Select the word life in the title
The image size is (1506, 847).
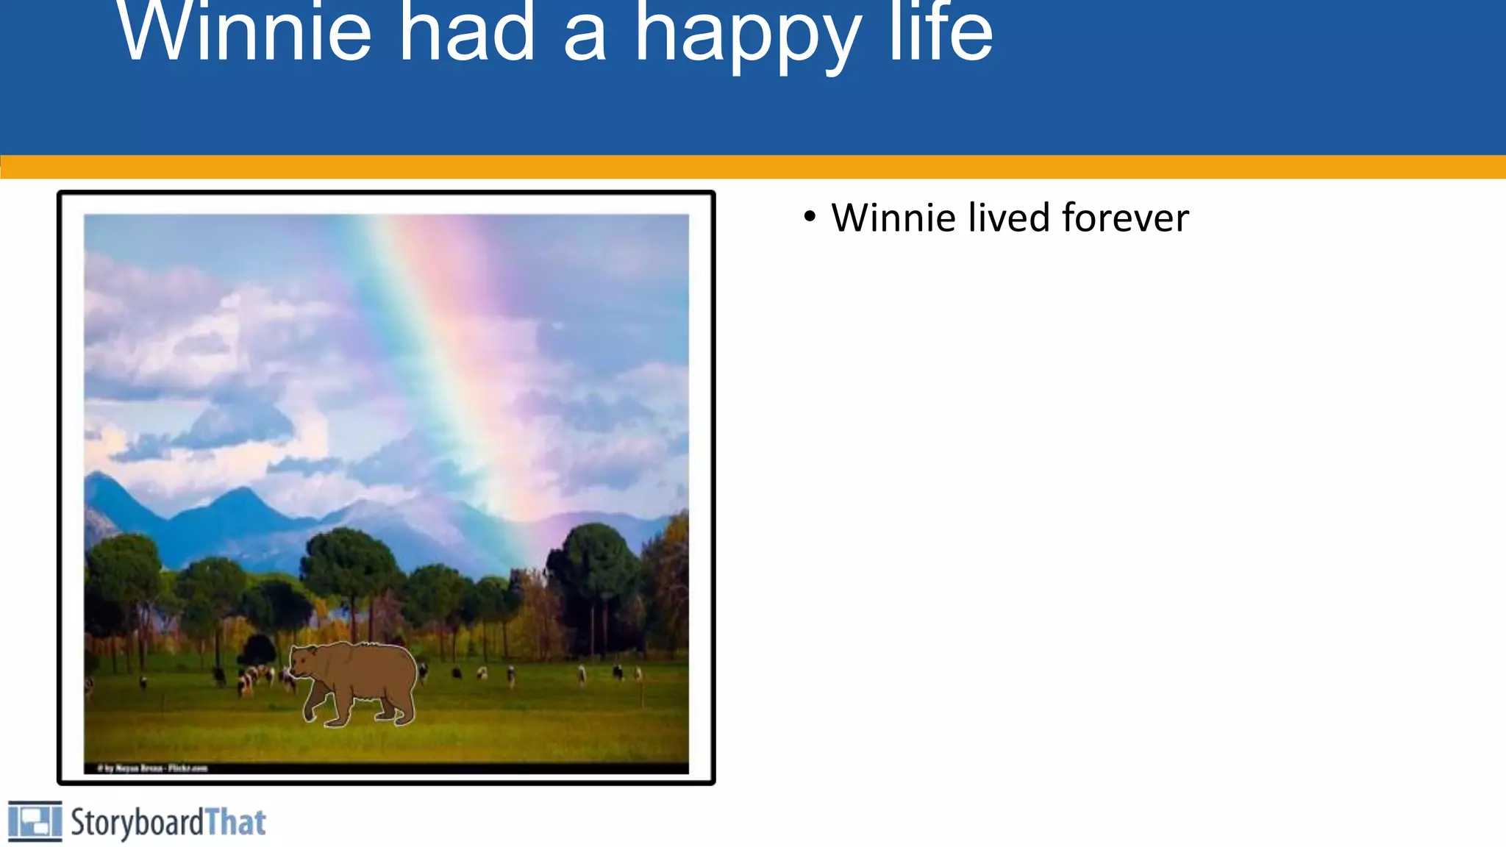(x=941, y=33)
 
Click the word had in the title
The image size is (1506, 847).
(x=467, y=33)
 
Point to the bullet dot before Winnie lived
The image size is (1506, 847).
(x=810, y=217)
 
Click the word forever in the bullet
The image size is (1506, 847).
(x=1125, y=218)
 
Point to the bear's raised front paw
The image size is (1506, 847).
(x=312, y=712)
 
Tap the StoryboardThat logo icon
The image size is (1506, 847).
(x=35, y=821)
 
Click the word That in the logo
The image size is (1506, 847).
(x=235, y=822)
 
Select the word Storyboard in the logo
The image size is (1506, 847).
(x=137, y=822)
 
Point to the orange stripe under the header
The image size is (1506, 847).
(x=753, y=166)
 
